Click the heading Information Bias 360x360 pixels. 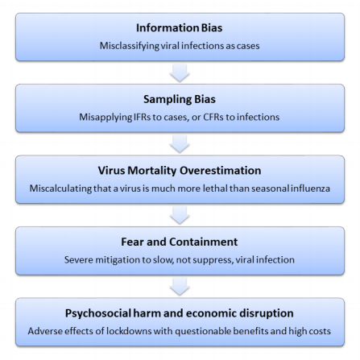[179, 28]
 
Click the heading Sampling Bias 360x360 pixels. [180, 100]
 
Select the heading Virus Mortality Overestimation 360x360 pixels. [180, 171]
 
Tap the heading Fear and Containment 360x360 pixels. [180, 242]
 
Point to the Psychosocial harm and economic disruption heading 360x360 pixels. [180, 313]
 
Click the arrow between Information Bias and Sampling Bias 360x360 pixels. [180, 72]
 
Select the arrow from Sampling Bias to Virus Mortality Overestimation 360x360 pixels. [180, 144]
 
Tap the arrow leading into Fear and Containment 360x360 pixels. [180, 215]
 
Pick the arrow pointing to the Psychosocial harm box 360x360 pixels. [180, 287]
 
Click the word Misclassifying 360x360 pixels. [130, 46]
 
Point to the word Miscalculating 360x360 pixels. [60, 188]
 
